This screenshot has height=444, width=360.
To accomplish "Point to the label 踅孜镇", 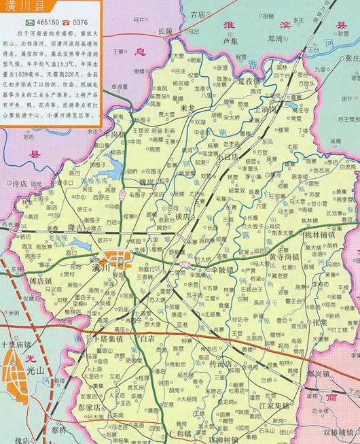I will tap(249, 82).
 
